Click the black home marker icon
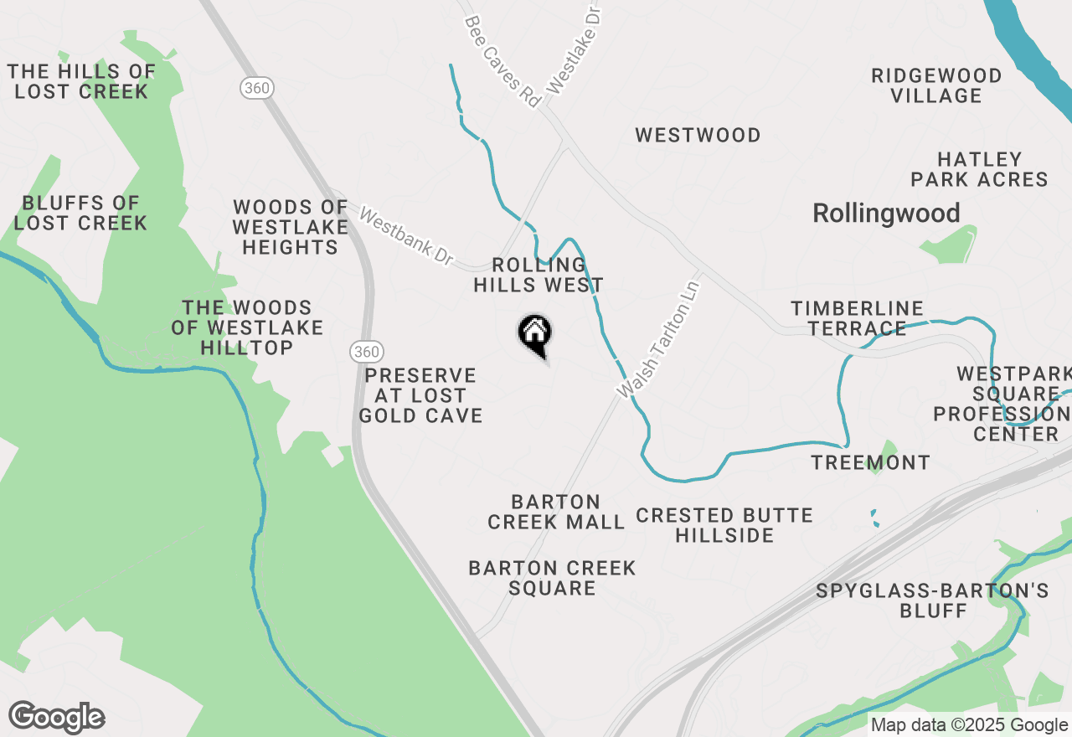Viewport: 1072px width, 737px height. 534,335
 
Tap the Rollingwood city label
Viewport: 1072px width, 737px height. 886,214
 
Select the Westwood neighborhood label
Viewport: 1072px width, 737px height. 698,135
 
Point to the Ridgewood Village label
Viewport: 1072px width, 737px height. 936,86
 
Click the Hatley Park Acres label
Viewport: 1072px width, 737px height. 979,169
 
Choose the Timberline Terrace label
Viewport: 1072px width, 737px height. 857,319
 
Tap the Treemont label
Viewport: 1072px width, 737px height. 870,462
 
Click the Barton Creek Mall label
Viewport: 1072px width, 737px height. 556,512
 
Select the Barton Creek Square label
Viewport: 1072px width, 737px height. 552,578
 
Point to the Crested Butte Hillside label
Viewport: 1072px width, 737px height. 724,525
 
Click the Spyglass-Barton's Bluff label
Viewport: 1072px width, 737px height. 932,600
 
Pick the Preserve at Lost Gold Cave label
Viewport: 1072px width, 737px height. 420,395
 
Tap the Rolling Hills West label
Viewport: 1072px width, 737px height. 539,276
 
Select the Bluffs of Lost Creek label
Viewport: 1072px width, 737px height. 80,213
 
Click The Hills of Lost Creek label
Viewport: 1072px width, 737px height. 81,81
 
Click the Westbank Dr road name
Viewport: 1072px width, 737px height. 406,238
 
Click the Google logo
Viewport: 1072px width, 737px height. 57,718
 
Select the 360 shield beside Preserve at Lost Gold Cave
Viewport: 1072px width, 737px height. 365,352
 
